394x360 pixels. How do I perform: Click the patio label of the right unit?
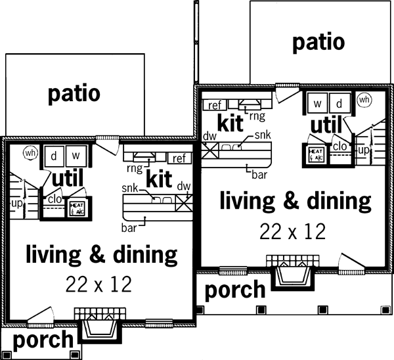click(x=318, y=42)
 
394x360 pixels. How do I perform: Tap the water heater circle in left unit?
click(x=30, y=152)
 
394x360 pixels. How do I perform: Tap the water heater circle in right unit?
click(x=364, y=101)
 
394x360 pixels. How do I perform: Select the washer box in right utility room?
click(x=317, y=104)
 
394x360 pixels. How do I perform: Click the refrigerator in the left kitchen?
click(x=178, y=158)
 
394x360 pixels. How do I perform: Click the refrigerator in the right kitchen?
click(x=215, y=105)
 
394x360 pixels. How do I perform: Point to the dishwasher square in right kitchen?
click(x=210, y=150)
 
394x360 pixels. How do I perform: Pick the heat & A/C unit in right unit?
click(x=314, y=154)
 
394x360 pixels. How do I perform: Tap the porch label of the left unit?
click(x=43, y=340)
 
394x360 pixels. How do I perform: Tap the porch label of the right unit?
click(x=235, y=289)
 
